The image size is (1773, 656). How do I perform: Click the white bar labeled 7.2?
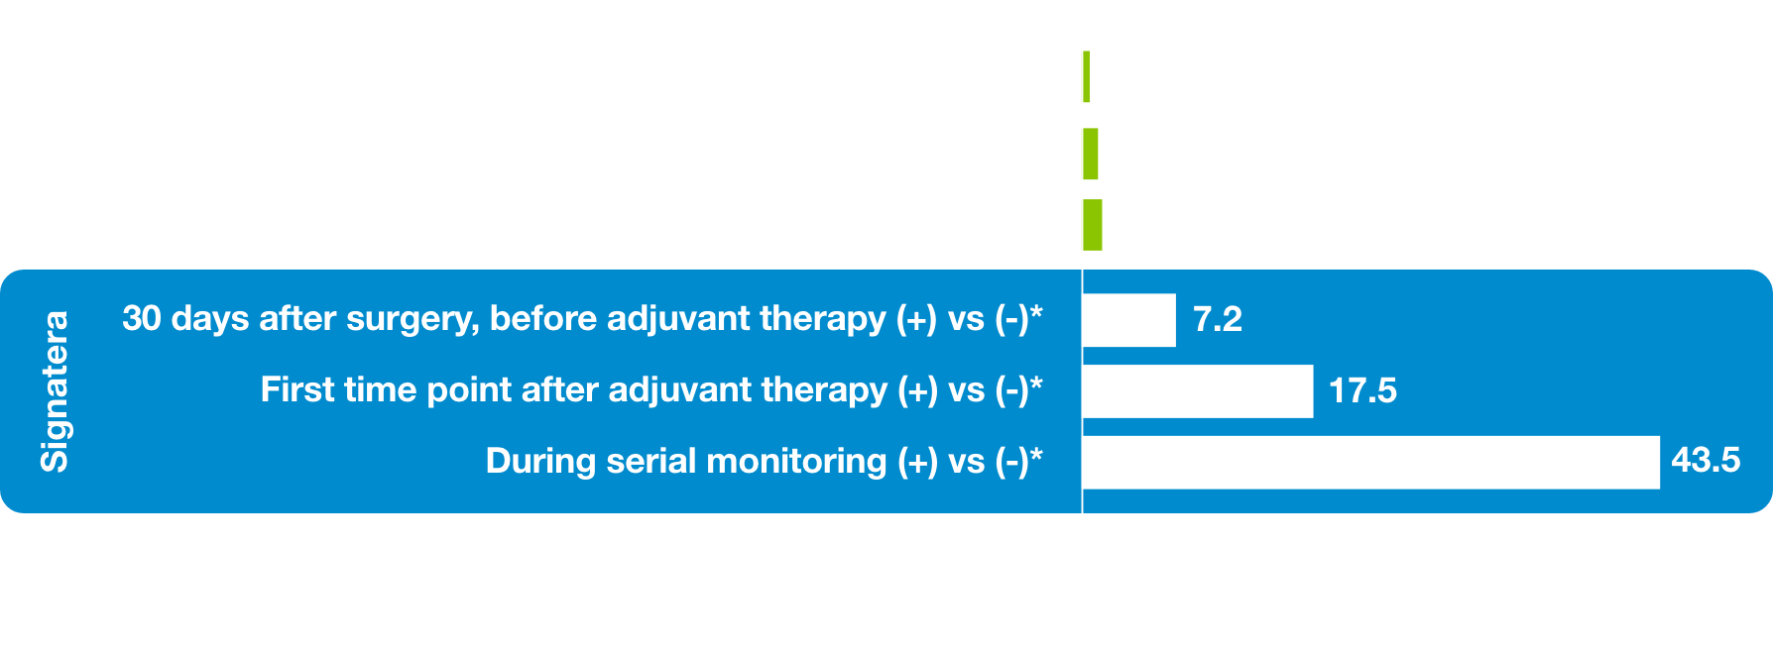pos(1129,320)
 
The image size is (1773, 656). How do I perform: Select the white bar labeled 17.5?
pos(1198,391)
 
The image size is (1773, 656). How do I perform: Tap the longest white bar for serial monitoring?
pos(1371,463)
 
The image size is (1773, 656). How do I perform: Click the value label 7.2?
pos(1218,320)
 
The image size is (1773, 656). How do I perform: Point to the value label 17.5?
pos(1362,391)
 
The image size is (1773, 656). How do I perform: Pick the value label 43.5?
pos(1706,461)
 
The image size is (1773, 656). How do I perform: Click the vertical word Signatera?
pos(55,391)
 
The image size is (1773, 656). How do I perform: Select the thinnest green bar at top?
pos(1087,76)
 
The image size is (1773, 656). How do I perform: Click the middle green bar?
pos(1091,154)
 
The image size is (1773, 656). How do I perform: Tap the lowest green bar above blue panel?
pos(1093,225)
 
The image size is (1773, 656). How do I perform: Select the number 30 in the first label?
pos(142,319)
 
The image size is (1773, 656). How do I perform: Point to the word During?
pos(541,462)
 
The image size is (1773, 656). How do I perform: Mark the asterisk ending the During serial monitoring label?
pos(1036,455)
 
